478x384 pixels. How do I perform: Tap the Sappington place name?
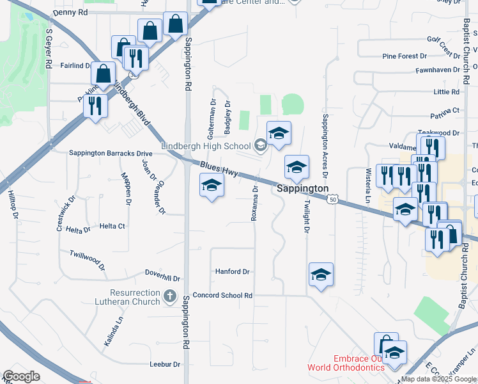tap(303, 189)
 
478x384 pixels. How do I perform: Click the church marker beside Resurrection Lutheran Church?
tap(169, 296)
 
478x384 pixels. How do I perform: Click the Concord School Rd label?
tap(223, 296)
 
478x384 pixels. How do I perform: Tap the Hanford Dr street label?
tap(232, 272)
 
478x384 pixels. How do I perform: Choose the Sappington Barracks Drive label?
tap(111, 154)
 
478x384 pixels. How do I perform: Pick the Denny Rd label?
tap(70, 12)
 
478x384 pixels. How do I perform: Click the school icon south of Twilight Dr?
tap(320, 275)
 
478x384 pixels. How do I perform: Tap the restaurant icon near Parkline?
tap(95, 105)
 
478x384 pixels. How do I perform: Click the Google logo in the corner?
tap(21, 376)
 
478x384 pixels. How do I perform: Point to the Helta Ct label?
tap(112, 226)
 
